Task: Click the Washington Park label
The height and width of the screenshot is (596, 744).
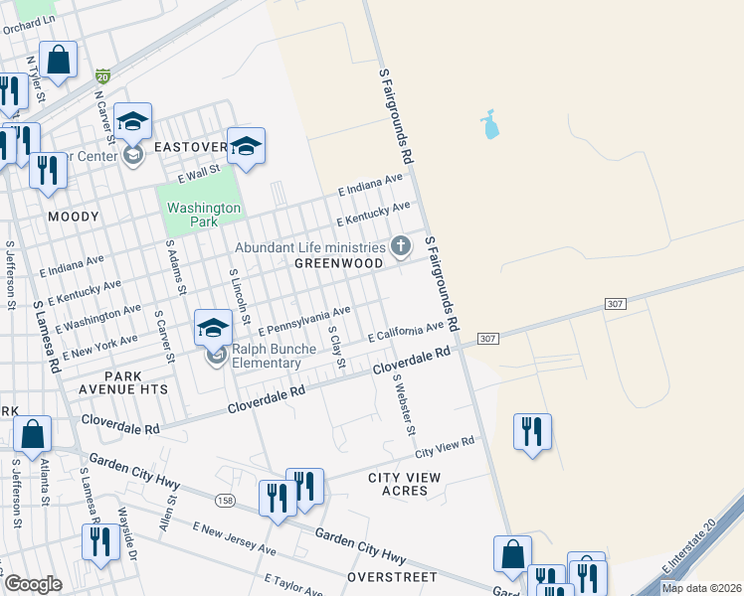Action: [x=204, y=215]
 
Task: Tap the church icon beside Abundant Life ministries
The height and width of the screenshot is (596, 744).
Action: [x=401, y=245]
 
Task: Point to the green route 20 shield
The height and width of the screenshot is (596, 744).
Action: [x=102, y=75]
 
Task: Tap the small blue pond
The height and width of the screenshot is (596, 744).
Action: [x=488, y=125]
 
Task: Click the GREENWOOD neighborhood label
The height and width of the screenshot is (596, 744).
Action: [x=339, y=263]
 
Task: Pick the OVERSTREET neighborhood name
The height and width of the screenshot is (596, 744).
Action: [x=392, y=576]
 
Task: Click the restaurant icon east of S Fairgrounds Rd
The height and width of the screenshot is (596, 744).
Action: [x=532, y=432]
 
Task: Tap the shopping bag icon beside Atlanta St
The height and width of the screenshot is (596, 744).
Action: [x=33, y=434]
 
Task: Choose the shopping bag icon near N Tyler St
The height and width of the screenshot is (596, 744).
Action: [x=59, y=60]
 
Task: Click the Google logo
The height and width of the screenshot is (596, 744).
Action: [x=33, y=584]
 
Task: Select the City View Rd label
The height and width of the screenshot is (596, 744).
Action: [x=445, y=448]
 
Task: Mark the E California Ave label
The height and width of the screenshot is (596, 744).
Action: [x=405, y=332]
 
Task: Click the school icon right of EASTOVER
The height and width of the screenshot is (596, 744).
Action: [x=246, y=147]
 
